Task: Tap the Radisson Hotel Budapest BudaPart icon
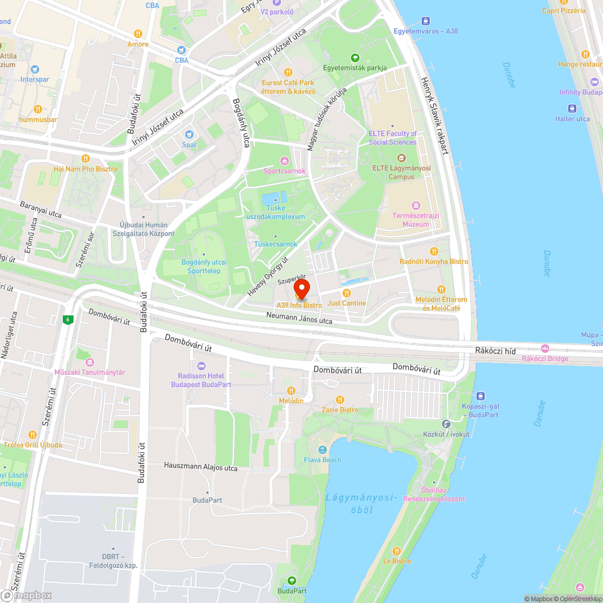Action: click(201, 365)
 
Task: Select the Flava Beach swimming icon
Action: click(323, 450)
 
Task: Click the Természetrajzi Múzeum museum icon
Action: click(414, 206)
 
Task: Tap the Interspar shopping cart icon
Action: click(34, 70)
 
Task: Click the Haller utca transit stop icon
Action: click(573, 109)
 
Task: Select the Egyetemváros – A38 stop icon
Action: click(426, 21)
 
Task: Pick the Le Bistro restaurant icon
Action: click(397, 551)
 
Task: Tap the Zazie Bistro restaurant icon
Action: click(339, 399)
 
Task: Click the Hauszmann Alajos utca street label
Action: click(201, 467)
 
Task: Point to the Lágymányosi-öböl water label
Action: click(362, 504)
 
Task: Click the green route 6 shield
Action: click(69, 320)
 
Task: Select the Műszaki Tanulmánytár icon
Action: click(90, 362)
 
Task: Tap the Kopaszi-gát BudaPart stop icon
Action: click(481, 396)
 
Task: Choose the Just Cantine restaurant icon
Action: click(347, 293)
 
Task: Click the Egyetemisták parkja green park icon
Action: click(355, 58)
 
